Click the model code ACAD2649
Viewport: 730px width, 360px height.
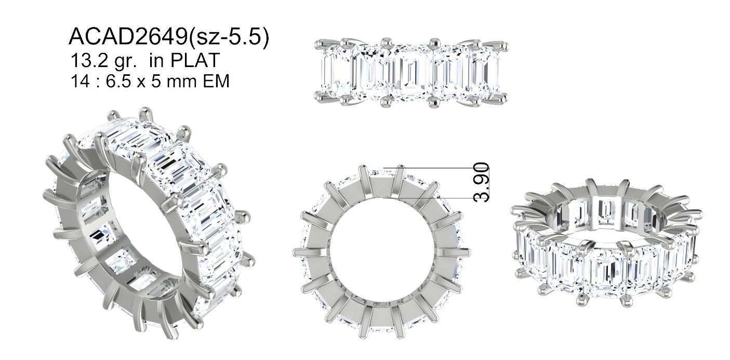128,36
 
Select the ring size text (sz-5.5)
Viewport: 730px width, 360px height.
229,37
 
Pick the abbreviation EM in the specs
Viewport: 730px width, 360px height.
216,81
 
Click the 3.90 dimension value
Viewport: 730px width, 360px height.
481,182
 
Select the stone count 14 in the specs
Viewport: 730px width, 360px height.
80,81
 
